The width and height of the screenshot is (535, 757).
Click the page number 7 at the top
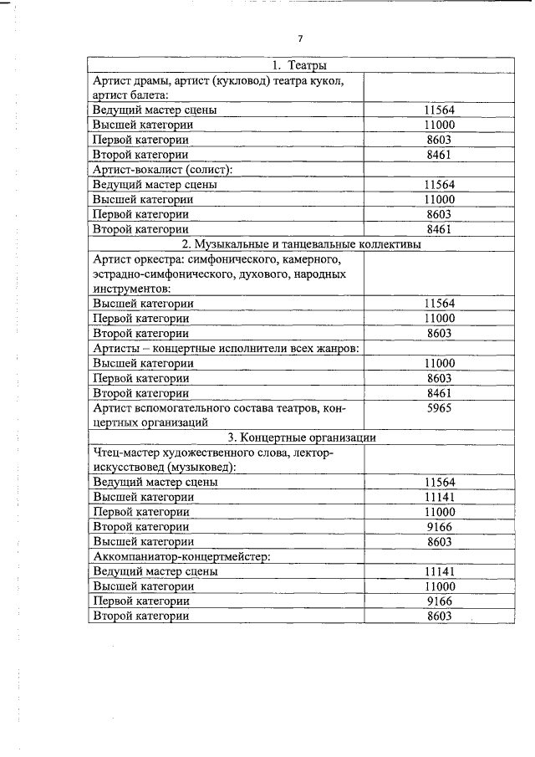coord(300,38)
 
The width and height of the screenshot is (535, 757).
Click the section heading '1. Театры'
coord(299,65)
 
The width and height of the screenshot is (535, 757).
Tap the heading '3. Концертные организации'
coord(301,437)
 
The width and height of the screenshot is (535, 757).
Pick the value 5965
coord(439,408)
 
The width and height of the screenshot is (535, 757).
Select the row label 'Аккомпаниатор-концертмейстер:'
coord(179,556)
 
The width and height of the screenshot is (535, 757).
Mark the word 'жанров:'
coord(337,348)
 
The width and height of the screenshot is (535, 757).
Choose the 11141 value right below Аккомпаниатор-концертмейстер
coord(439,571)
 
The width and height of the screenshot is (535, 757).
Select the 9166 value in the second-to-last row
coord(439,601)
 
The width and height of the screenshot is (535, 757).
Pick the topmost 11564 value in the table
coord(439,110)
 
